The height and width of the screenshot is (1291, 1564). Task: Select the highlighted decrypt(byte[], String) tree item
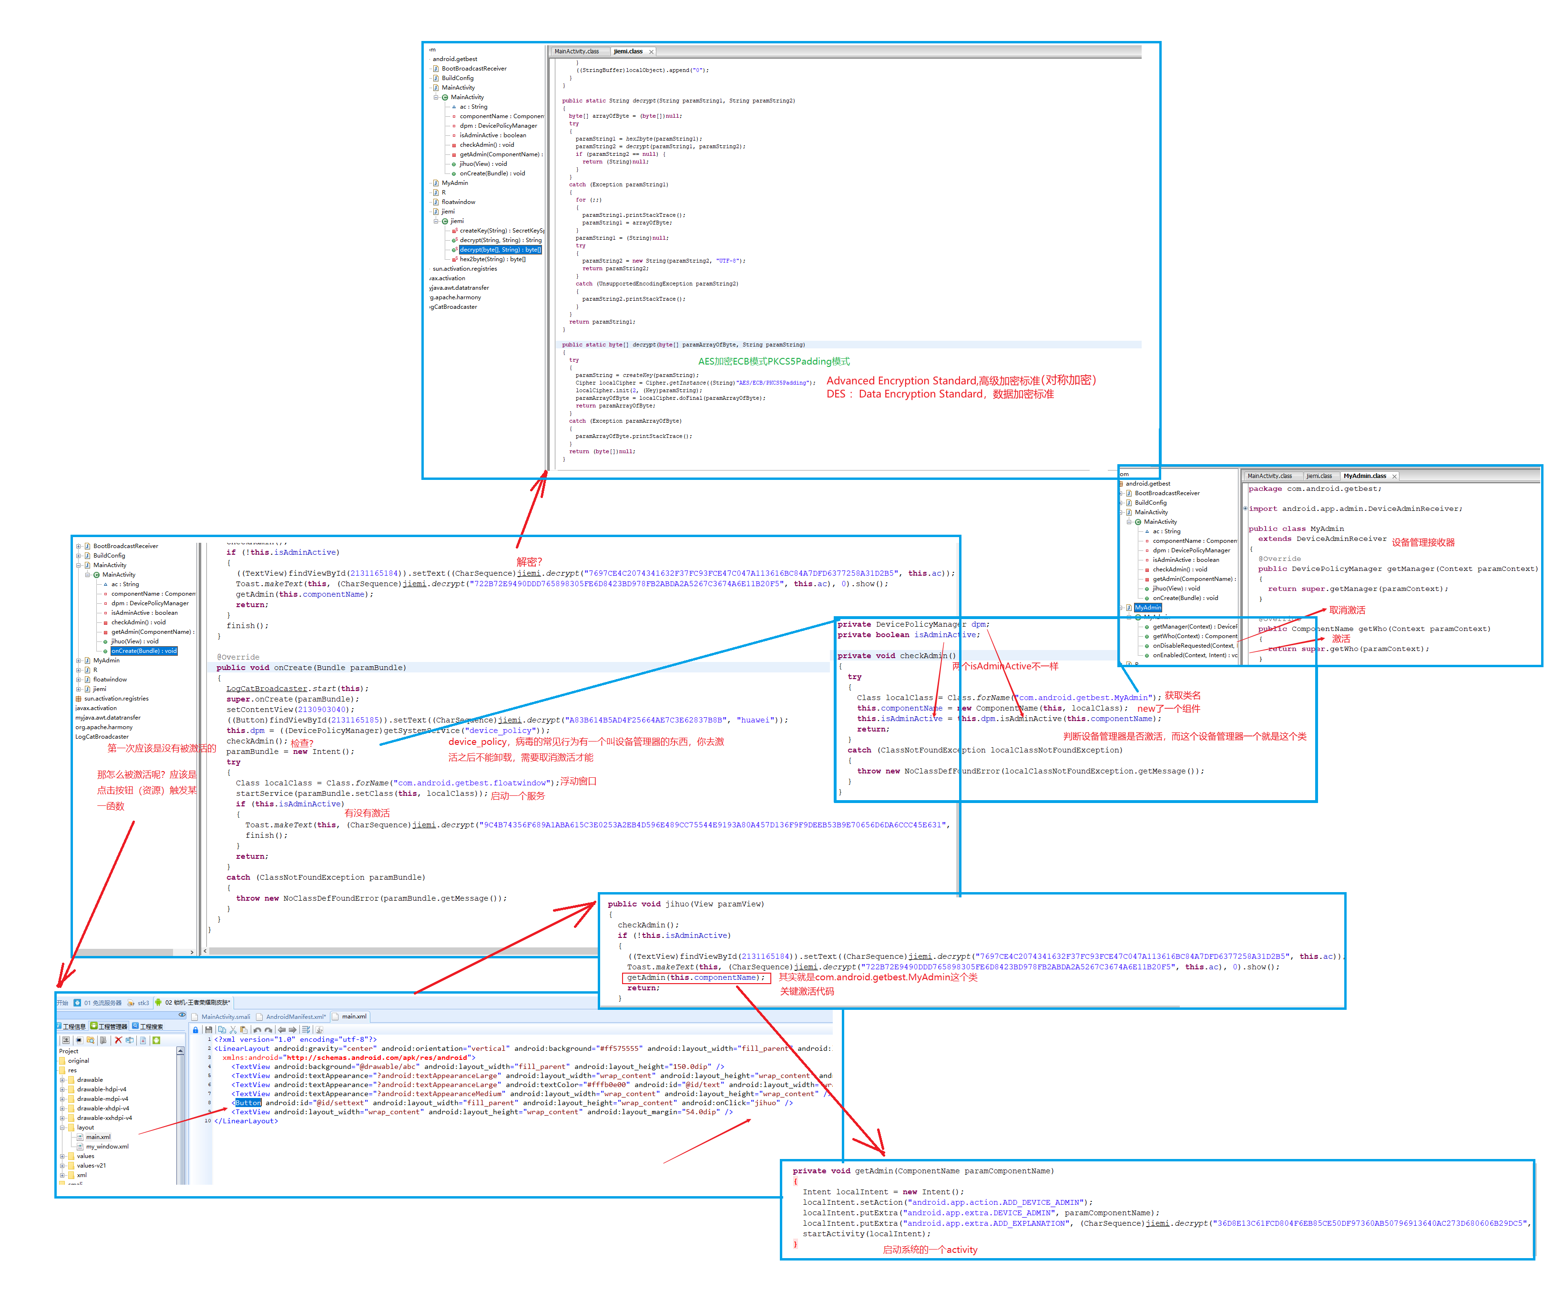(500, 250)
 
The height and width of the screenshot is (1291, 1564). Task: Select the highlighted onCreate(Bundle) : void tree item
(143, 651)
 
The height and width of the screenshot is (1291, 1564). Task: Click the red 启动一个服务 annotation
(518, 796)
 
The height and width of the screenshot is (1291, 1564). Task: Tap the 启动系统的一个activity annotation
(930, 1250)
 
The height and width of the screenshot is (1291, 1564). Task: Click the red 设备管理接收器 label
(1423, 543)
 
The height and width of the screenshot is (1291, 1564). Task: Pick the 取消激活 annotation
(1347, 610)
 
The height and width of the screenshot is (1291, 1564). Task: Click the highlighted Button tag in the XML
(248, 1103)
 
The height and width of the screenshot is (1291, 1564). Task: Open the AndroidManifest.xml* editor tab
(295, 1017)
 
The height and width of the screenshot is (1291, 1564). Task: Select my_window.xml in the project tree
(107, 1147)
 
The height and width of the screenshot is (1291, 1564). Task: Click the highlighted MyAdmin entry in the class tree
(1147, 608)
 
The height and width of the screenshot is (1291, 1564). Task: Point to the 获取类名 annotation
(1183, 695)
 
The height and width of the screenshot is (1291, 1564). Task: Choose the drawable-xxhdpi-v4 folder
(104, 1118)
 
